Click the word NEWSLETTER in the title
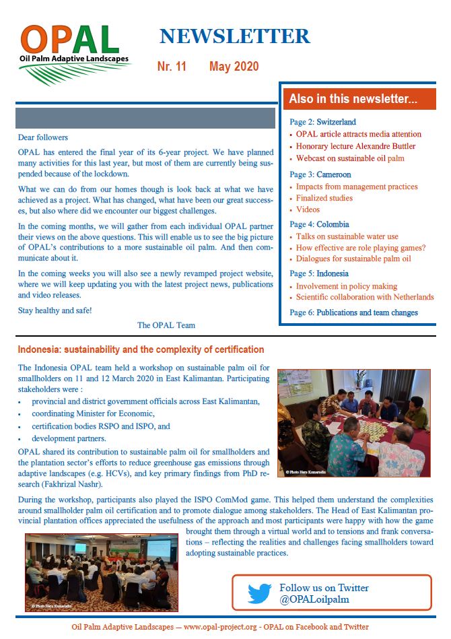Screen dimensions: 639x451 click(234, 36)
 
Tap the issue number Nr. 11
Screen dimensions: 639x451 click(172, 67)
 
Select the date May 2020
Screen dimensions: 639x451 click(234, 67)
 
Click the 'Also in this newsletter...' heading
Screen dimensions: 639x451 click(353, 99)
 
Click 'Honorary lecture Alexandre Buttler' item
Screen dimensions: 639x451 click(355, 146)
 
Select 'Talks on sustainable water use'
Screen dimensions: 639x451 click(347, 236)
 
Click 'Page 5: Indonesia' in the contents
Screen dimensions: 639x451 click(319, 273)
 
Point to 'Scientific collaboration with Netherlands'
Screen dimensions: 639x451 click(365, 297)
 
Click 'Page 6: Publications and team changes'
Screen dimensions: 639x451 click(353, 312)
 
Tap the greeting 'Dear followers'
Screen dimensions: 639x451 click(43, 137)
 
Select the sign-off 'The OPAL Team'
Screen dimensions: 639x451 click(166, 325)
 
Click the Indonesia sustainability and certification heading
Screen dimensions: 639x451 click(141, 349)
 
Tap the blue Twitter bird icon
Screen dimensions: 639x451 click(259, 593)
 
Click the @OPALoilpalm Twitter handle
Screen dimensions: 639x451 click(314, 599)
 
